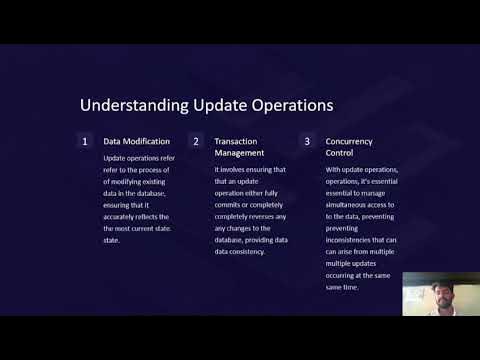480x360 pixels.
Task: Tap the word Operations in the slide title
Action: click(x=283, y=105)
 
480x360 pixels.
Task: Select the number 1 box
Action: click(x=85, y=142)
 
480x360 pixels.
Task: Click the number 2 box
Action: click(x=196, y=142)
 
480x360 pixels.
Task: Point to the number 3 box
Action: click(x=307, y=142)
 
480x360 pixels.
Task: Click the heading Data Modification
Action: click(x=137, y=142)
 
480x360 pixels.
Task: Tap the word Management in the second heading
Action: click(x=241, y=154)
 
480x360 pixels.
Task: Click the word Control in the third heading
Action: click(x=341, y=154)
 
